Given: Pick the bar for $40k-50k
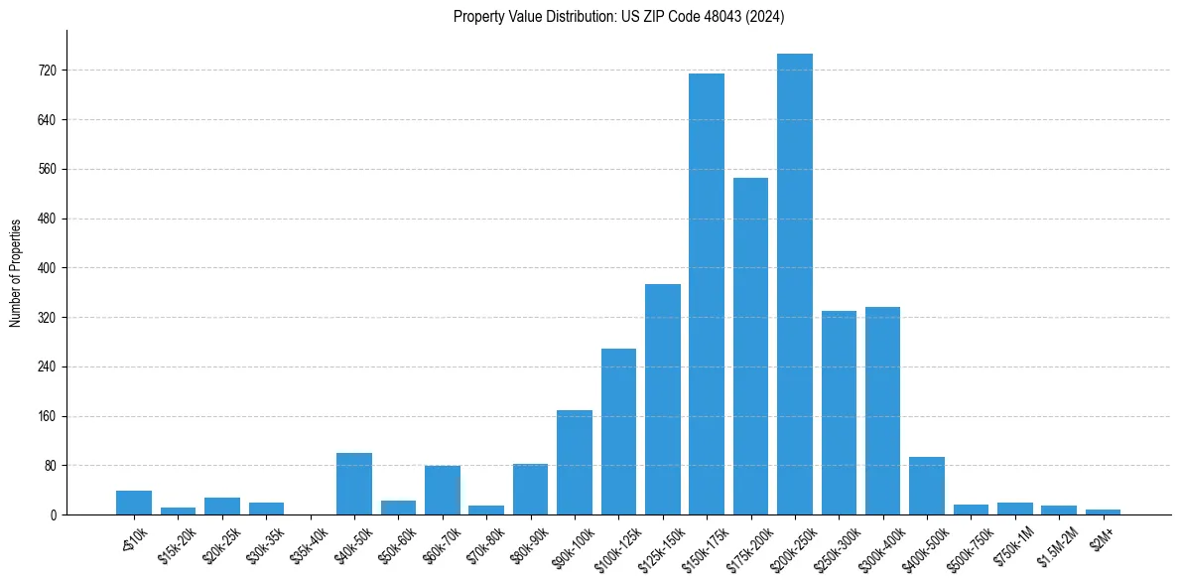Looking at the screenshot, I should (354, 484).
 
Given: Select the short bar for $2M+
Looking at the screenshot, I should (1103, 512).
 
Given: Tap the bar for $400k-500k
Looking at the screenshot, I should (926, 486).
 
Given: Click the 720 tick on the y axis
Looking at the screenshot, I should (48, 71).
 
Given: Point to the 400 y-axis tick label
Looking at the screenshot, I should (48, 268).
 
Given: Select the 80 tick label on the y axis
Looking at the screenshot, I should (51, 466).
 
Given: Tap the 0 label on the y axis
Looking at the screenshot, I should (54, 514).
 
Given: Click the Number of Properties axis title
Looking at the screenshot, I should (15, 272).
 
